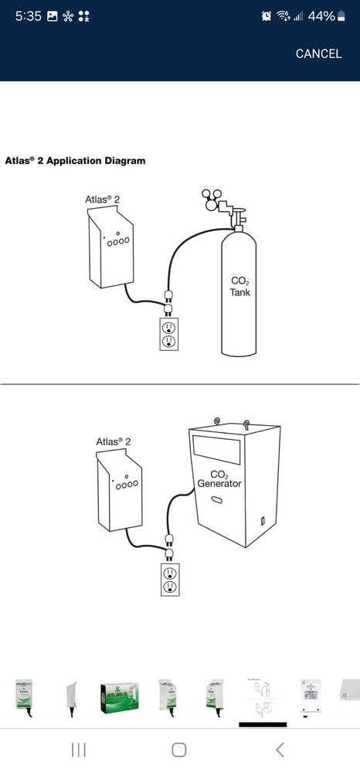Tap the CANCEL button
[x=318, y=54]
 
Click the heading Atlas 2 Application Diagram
[x=75, y=162]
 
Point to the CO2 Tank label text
[x=240, y=287]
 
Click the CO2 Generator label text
[x=219, y=478]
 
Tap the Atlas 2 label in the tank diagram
[x=102, y=199]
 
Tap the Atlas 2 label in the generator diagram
[x=113, y=441]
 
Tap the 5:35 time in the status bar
[x=27, y=15]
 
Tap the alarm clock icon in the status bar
[x=267, y=15]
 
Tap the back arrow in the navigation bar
[x=280, y=749]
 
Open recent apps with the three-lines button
[x=79, y=749]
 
